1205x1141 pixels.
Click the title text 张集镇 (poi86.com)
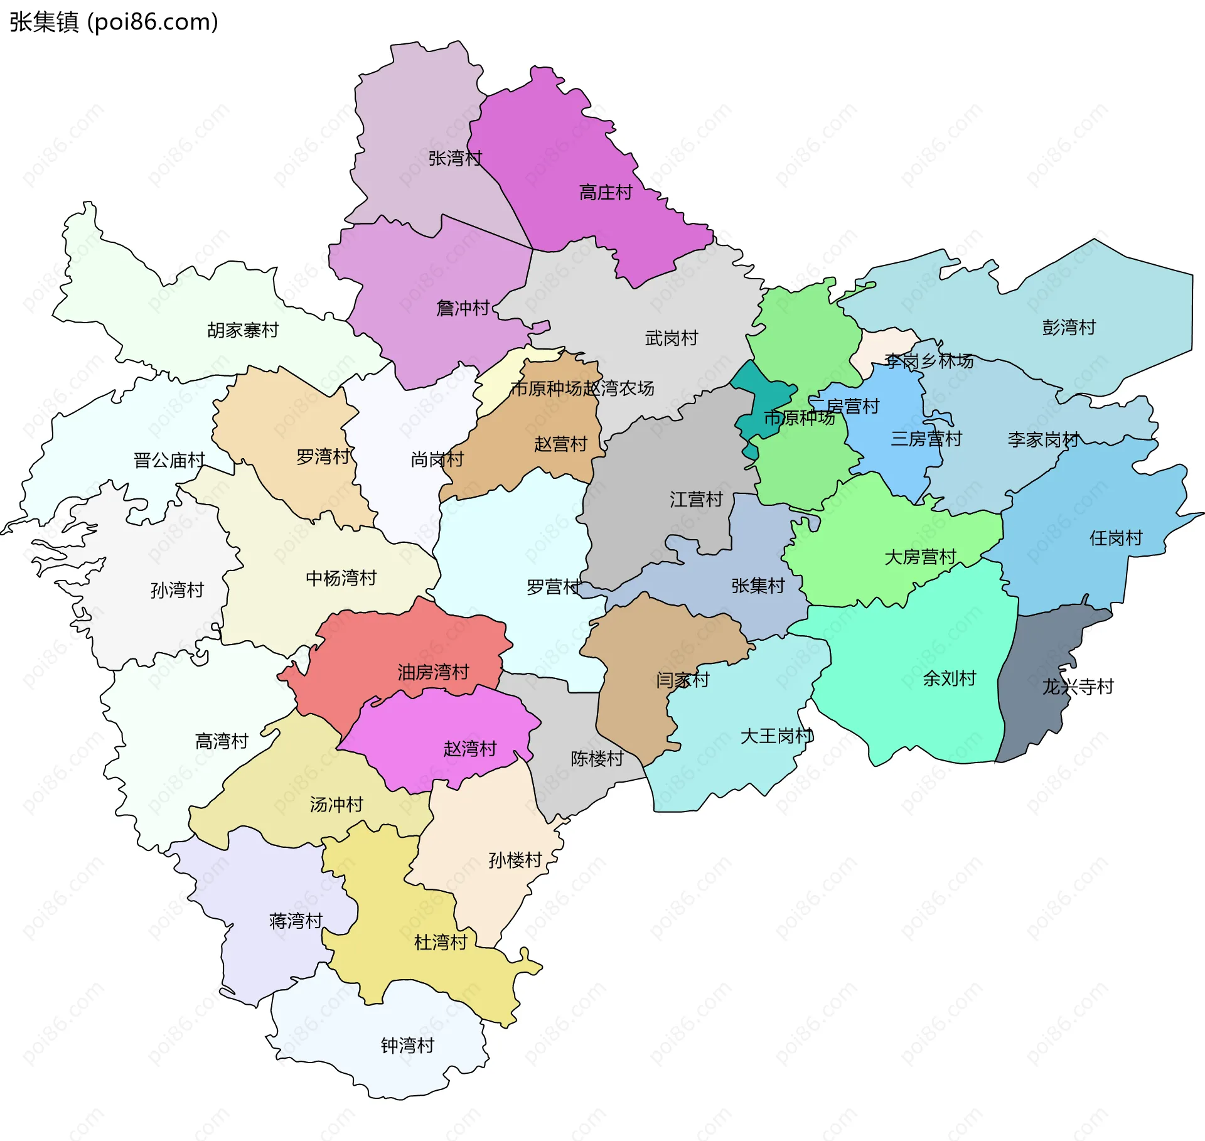(x=114, y=22)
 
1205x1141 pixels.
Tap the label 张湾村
(x=455, y=158)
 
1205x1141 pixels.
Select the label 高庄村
(x=605, y=193)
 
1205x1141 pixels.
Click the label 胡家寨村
(x=243, y=330)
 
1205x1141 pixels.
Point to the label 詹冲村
(x=463, y=308)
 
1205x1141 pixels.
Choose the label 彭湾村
(x=1068, y=328)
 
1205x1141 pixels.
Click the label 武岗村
(x=671, y=338)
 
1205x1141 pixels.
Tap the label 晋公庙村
(x=169, y=461)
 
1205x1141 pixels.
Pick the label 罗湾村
(x=323, y=457)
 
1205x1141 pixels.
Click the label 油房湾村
(x=433, y=672)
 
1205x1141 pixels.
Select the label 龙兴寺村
(x=1078, y=687)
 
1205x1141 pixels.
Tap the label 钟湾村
(x=407, y=1045)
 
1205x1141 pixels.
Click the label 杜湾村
(x=441, y=942)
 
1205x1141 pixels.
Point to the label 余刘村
(x=949, y=678)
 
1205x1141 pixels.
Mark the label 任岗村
(x=1115, y=538)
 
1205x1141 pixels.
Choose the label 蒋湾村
(x=296, y=921)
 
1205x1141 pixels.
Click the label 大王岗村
(x=776, y=736)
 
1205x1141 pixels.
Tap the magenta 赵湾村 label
(x=469, y=748)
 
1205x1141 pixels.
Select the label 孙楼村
(x=515, y=860)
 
